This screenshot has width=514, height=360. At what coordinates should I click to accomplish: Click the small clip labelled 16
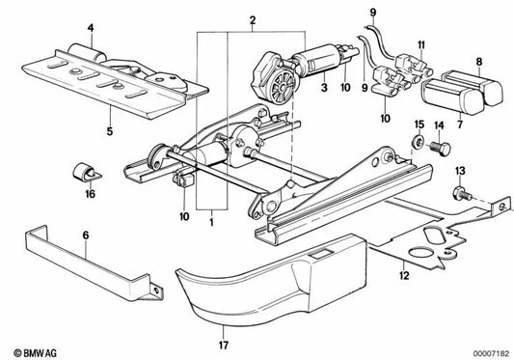click(82, 174)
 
